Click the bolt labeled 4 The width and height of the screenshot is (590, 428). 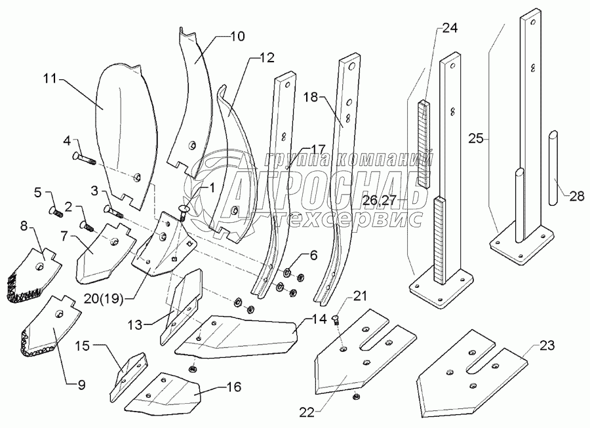pos(83,157)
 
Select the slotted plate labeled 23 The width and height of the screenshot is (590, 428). pos(472,374)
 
